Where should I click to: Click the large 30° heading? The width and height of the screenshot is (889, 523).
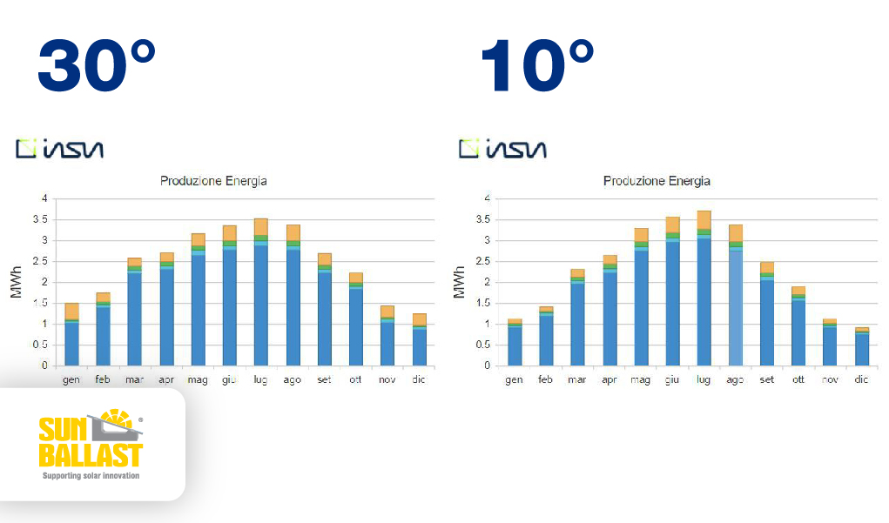(96, 67)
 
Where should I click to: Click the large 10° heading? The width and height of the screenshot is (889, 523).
(536, 67)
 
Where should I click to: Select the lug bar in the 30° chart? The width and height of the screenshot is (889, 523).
(260, 296)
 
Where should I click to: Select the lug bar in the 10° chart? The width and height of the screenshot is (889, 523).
(704, 292)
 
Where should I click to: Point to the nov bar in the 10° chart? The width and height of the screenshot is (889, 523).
(830, 343)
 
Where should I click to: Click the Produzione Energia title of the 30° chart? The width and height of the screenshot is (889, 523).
(213, 181)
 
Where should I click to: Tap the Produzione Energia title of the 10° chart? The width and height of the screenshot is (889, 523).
(657, 181)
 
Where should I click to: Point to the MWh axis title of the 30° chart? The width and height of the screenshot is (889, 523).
(16, 282)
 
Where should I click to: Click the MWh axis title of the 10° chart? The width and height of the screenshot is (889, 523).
(459, 282)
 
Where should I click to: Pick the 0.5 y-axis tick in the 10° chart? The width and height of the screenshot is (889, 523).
(482, 345)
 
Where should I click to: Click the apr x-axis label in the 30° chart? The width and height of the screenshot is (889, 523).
(166, 380)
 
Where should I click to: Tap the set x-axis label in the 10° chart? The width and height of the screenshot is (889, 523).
(767, 380)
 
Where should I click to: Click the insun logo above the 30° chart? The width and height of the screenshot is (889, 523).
(60, 149)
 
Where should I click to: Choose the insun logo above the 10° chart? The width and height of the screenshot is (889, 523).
(503, 149)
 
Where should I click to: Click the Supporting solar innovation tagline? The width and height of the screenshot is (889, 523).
(91, 476)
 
